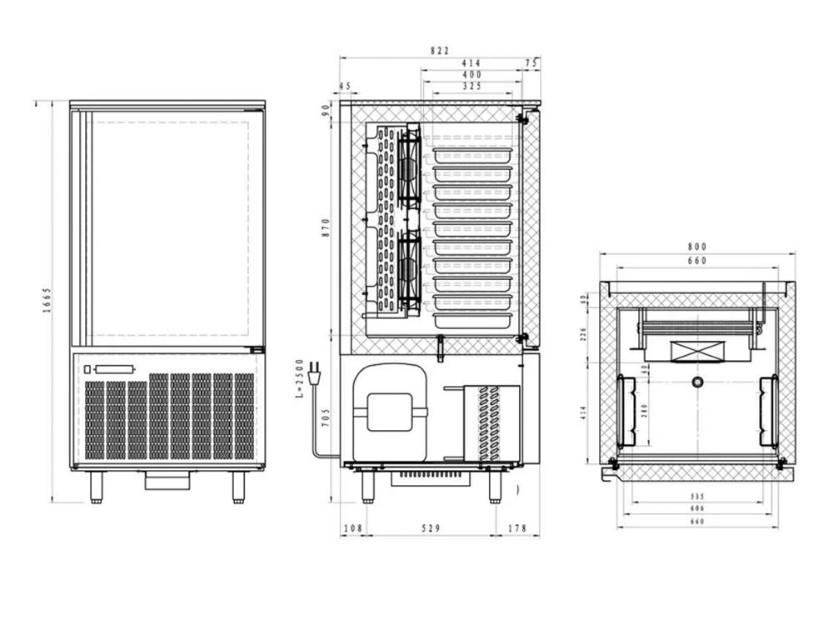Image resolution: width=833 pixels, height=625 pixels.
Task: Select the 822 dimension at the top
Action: point(439,50)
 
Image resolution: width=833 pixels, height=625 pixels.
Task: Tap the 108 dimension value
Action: point(354,528)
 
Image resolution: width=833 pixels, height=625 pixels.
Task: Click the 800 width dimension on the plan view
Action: point(697,247)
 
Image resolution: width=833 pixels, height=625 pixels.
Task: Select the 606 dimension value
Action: point(697,507)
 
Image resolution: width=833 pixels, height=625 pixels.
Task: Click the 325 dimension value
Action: point(471,86)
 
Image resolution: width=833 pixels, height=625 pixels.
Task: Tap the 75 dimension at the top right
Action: point(531,62)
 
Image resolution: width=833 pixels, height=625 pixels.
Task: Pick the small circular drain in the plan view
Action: point(697,382)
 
